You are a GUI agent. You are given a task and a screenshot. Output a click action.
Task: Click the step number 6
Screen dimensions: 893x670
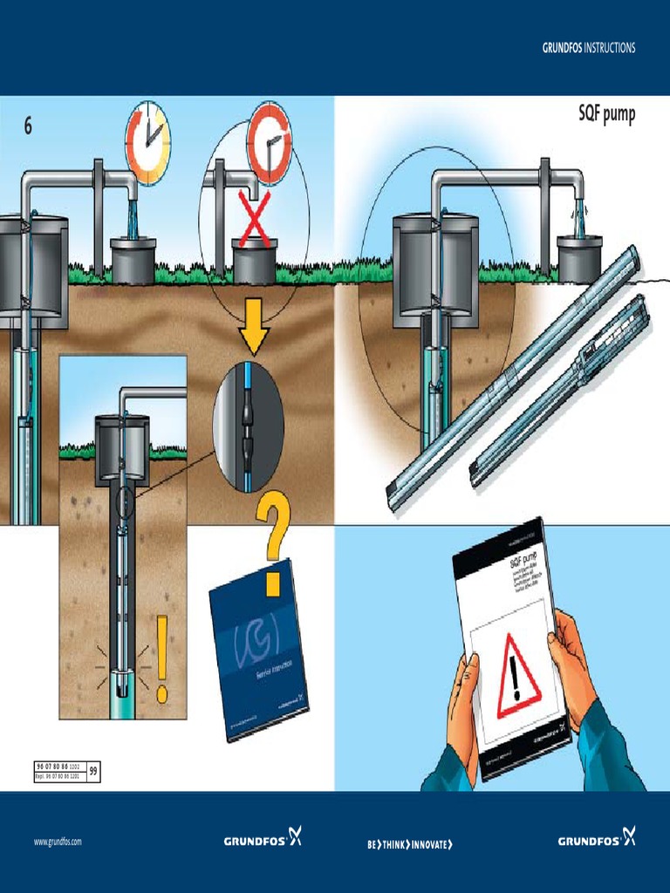click(28, 126)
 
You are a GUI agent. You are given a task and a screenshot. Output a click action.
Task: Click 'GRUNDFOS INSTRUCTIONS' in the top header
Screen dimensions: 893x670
click(588, 48)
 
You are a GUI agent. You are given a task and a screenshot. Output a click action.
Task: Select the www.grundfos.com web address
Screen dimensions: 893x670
click(58, 842)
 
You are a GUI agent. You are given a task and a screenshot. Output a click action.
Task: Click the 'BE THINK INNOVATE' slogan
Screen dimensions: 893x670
click(410, 843)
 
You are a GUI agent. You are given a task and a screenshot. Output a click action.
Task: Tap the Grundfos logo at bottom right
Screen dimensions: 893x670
click(597, 840)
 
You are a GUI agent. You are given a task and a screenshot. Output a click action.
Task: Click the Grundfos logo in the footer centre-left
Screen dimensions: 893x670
click(263, 840)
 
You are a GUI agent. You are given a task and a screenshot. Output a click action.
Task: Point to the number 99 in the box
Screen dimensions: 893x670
click(93, 771)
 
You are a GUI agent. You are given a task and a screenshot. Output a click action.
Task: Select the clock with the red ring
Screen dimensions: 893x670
click(269, 142)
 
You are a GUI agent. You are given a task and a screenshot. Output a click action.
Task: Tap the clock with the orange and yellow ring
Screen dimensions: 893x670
click(147, 142)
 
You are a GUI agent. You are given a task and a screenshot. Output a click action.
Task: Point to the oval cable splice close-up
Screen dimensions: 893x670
click(249, 428)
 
